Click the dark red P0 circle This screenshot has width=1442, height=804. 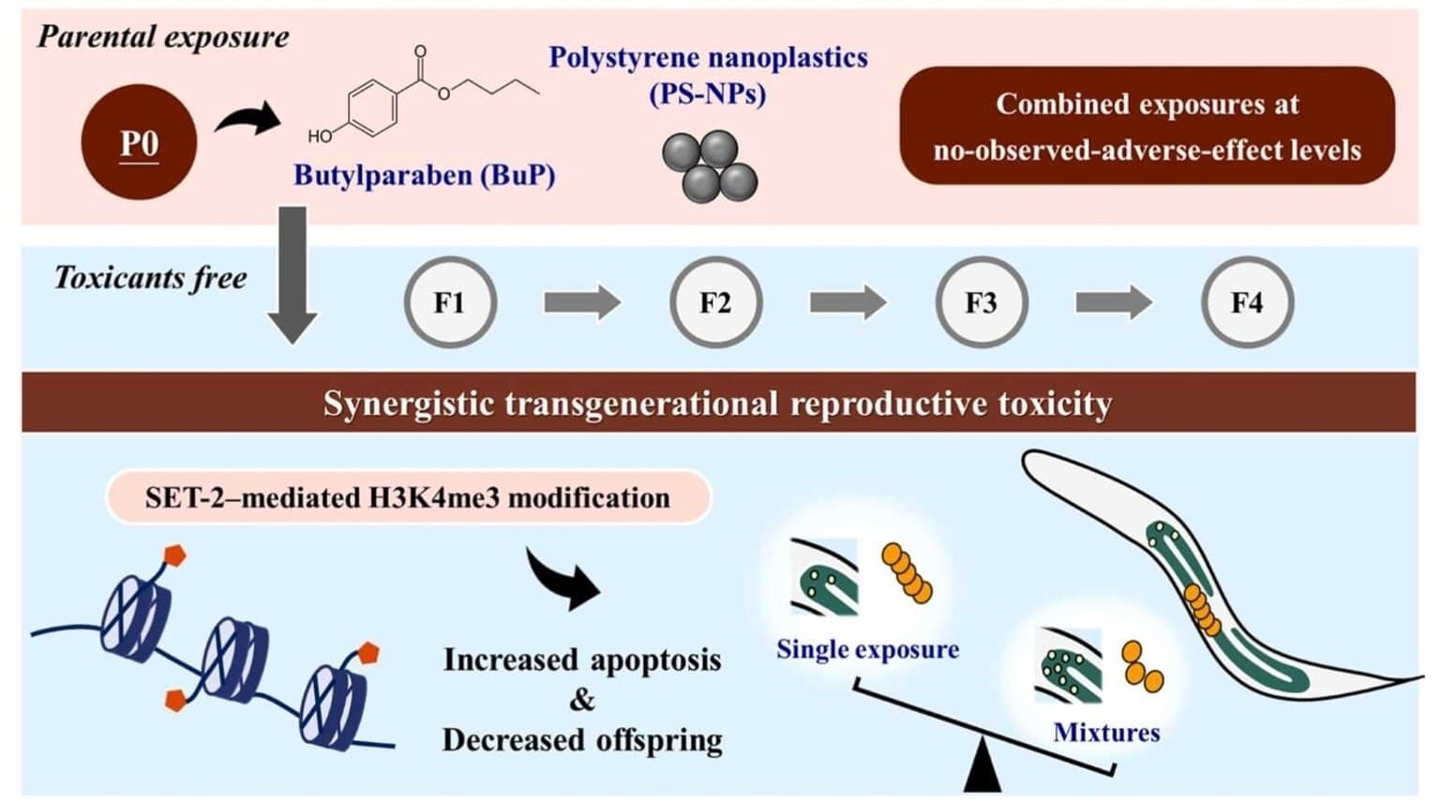[x=139, y=143]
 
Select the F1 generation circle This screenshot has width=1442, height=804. [x=449, y=303]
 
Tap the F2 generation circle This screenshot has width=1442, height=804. [x=715, y=303]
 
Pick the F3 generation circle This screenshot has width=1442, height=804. [x=981, y=303]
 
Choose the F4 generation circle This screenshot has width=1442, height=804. [x=1247, y=303]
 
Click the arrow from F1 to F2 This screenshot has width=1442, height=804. [x=582, y=303]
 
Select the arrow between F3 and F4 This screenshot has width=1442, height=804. [x=1114, y=303]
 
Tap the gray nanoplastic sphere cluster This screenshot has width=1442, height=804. [x=710, y=165]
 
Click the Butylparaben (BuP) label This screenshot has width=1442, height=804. [x=424, y=175]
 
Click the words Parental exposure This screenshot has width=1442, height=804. [x=163, y=38]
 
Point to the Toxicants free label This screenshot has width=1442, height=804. [x=151, y=278]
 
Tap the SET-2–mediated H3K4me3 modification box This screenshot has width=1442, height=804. [x=408, y=497]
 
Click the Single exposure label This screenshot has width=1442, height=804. [x=867, y=649]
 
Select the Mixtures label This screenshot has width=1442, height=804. [x=1106, y=732]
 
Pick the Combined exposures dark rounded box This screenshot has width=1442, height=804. [x=1147, y=126]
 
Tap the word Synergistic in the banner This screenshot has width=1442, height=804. [x=408, y=403]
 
